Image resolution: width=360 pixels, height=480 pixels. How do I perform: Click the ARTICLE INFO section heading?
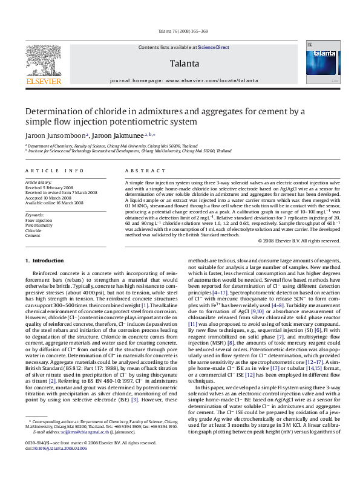(46, 171)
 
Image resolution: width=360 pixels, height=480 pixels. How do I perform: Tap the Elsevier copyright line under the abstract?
(307, 240)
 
